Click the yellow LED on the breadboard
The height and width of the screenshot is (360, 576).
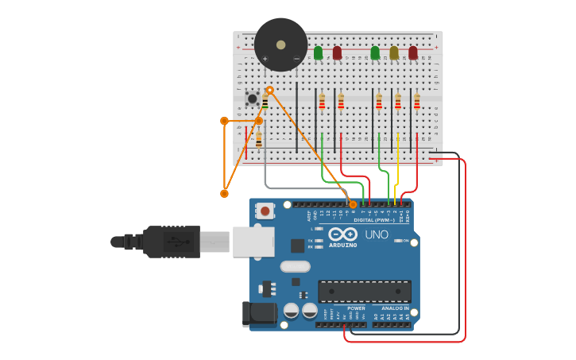pyautogui.click(x=394, y=53)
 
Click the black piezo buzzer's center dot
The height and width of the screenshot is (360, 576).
pyautogui.click(x=280, y=45)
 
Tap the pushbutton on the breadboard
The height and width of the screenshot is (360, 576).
pyautogui.click(x=252, y=99)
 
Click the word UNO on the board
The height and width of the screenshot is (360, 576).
pyautogui.click(x=377, y=234)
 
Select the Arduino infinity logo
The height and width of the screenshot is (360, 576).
pyautogui.click(x=342, y=234)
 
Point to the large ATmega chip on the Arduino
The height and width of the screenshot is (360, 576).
pyautogui.click(x=365, y=291)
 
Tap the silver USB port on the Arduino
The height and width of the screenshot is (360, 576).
pyautogui.click(x=253, y=242)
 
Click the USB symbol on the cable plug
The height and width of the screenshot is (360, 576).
pyautogui.click(x=173, y=242)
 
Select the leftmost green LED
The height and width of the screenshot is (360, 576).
pyautogui.click(x=318, y=53)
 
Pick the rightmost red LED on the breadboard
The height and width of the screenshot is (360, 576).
pyautogui.click(x=413, y=53)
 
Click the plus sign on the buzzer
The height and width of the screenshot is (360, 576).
pyautogui.click(x=265, y=59)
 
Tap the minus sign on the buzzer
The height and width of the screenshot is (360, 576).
pyautogui.click(x=296, y=59)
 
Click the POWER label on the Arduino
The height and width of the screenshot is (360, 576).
pyautogui.click(x=357, y=308)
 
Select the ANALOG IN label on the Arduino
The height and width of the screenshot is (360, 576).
pyautogui.click(x=395, y=308)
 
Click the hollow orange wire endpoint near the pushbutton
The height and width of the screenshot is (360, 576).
pyautogui.click(x=269, y=90)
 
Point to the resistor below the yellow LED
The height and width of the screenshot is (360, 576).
pyautogui.click(x=398, y=102)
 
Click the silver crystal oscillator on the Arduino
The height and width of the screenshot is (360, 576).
pyautogui.click(x=295, y=267)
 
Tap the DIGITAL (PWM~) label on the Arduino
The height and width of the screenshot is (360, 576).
pyautogui.click(x=381, y=220)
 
